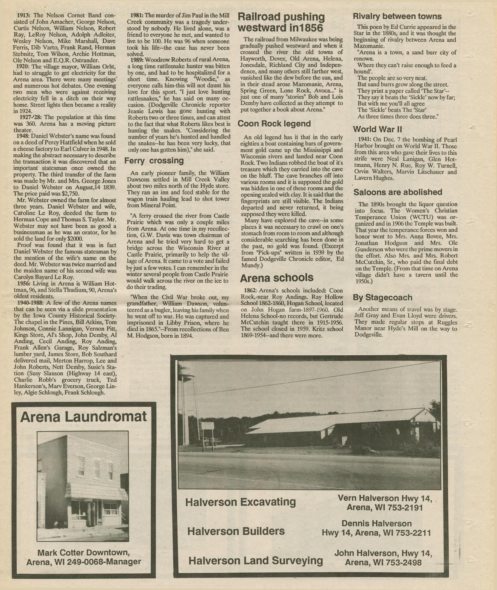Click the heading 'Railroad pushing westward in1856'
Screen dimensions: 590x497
(x=281, y=22)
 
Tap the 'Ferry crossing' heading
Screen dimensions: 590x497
(x=154, y=161)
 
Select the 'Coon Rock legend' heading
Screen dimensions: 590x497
(x=274, y=124)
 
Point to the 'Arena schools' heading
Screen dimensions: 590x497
(x=276, y=278)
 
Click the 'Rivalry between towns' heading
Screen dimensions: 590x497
(x=397, y=16)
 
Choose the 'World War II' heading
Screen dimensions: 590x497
(x=378, y=129)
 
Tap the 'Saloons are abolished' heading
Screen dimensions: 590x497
(x=398, y=192)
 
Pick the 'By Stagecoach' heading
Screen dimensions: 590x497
(x=383, y=297)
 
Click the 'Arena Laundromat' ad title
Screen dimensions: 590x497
(x=83, y=416)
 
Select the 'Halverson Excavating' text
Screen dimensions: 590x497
(x=240, y=502)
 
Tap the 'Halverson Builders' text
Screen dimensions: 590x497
(x=236, y=531)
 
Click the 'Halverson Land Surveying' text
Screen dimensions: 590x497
(x=256, y=560)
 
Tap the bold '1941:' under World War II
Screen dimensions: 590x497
(x=365, y=139)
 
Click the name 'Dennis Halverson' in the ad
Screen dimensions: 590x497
(x=376, y=523)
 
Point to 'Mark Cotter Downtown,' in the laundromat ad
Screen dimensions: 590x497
(x=83, y=552)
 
